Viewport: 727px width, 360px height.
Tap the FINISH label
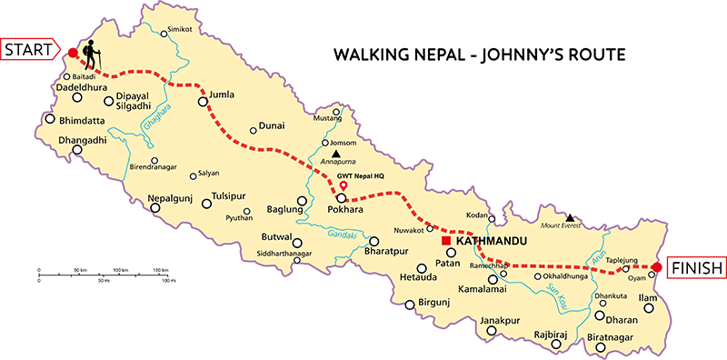697,267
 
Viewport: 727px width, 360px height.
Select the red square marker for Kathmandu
446,243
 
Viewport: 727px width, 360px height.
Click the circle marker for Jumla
203,101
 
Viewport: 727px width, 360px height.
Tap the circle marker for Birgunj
410,305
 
